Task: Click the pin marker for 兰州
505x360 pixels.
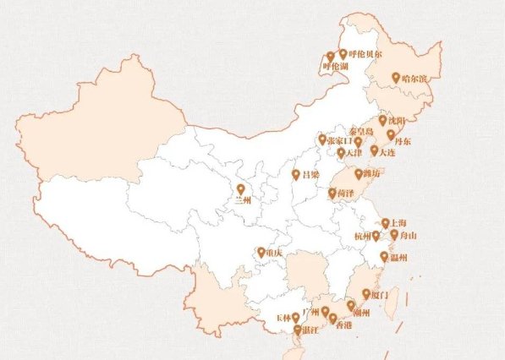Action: click(240, 189)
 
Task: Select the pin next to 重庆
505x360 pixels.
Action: click(261, 252)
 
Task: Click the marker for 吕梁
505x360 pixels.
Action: click(295, 175)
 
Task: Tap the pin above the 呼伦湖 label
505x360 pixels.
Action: click(330, 57)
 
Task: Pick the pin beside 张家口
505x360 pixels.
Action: click(321, 139)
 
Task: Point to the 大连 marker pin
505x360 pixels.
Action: click(374, 150)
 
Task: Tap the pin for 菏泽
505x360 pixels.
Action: click(332, 193)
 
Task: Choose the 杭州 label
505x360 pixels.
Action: click(360, 237)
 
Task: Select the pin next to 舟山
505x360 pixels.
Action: click(393, 234)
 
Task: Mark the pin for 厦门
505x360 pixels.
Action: click(365, 294)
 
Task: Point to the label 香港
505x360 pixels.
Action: click(343, 325)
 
